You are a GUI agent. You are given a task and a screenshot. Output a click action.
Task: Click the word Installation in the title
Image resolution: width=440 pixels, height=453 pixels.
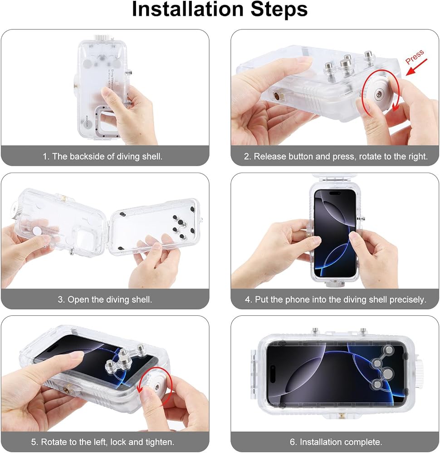coord(188,9)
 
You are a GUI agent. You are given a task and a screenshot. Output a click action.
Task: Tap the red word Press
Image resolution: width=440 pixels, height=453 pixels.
coord(415,57)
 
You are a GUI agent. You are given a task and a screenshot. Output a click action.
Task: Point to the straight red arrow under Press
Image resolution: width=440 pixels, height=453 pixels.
coord(416,67)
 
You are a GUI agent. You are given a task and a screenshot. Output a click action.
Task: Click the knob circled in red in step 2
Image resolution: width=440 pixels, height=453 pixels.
coord(379,94)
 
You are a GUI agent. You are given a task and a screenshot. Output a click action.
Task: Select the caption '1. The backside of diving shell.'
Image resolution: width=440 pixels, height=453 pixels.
coord(103,157)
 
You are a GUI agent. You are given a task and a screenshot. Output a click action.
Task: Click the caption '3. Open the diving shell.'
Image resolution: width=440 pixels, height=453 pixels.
coord(105,299)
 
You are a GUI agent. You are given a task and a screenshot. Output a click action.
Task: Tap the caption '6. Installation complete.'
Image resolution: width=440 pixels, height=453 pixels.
coord(336,442)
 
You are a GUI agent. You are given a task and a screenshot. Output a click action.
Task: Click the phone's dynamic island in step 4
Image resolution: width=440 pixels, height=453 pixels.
coord(335,193)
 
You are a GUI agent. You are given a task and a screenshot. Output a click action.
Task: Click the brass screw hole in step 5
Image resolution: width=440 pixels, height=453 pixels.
coord(68,390)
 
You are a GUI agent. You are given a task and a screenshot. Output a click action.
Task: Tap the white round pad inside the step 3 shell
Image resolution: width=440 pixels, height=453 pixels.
coord(37,230)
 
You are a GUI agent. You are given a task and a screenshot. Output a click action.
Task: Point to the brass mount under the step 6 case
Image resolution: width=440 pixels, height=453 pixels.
coord(342,416)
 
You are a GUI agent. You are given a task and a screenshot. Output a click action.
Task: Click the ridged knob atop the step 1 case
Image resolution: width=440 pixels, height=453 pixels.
coord(102,38)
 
